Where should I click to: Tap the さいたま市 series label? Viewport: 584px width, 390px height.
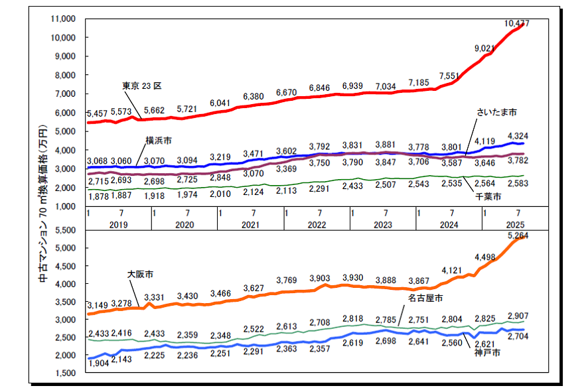(x=497, y=112)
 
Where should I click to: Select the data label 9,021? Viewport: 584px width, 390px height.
(x=485, y=48)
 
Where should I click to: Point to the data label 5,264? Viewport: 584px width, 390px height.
(x=518, y=235)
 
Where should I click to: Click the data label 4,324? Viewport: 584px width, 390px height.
(x=518, y=136)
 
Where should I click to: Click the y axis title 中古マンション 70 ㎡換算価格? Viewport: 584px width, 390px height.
(x=43, y=199)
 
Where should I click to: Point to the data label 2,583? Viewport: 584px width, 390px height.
(x=518, y=184)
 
